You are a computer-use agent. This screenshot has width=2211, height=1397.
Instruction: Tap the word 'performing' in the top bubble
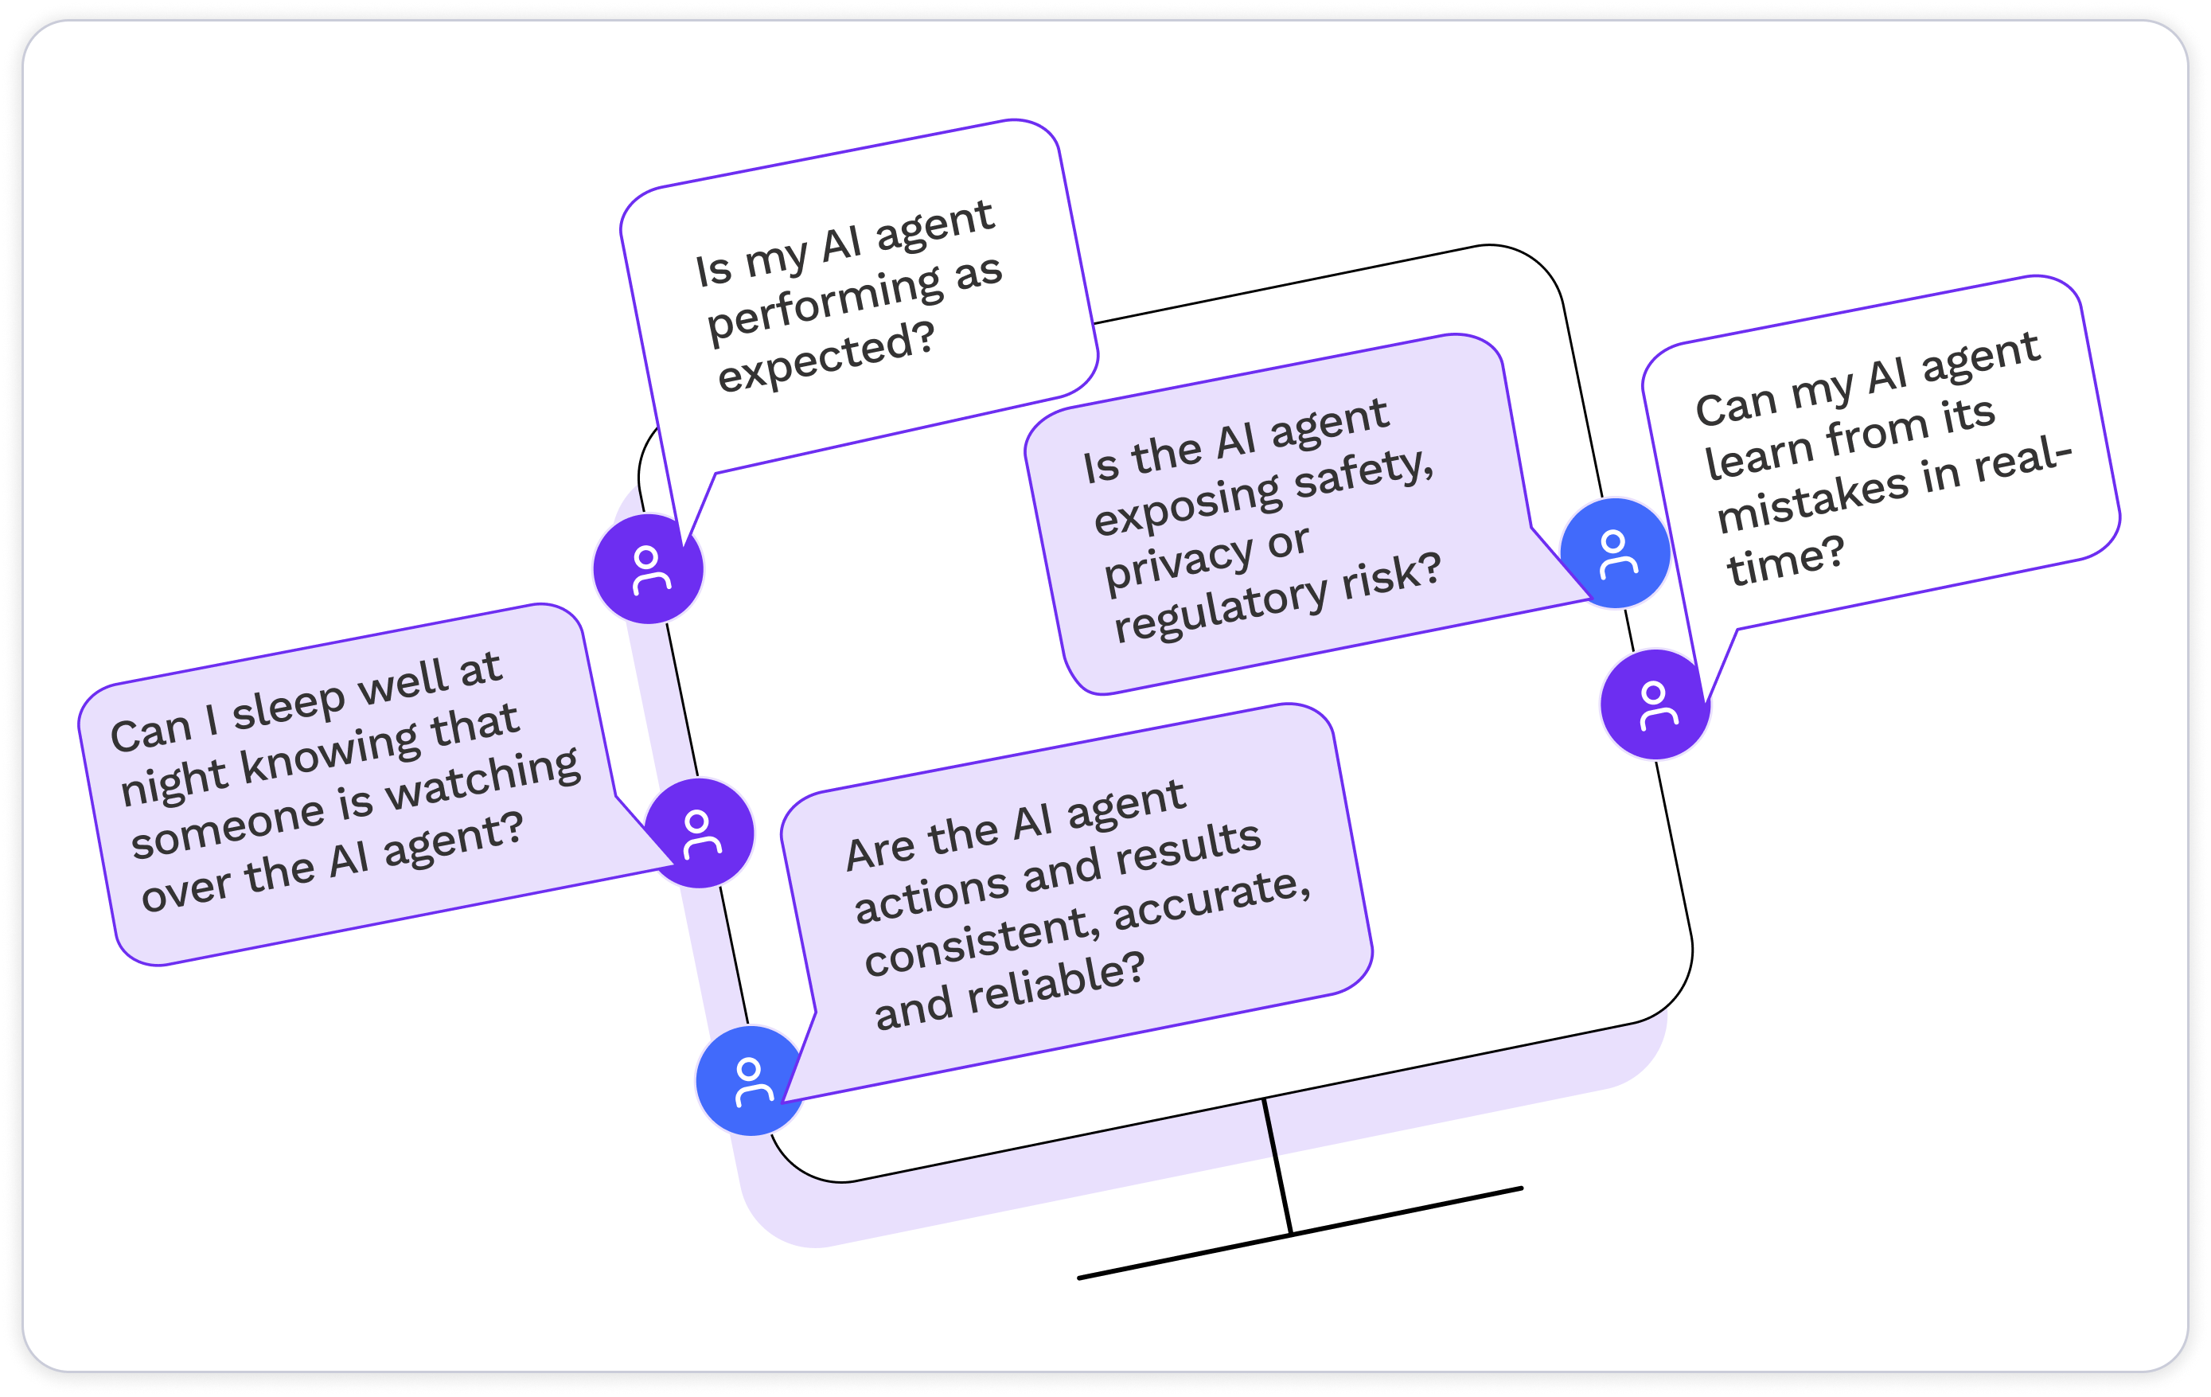point(825,303)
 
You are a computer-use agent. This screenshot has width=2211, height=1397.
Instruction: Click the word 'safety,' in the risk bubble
point(1363,470)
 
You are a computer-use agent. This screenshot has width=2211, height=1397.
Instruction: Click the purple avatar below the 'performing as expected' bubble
point(648,569)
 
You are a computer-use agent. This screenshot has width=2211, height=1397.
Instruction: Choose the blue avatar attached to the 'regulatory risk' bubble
point(1615,553)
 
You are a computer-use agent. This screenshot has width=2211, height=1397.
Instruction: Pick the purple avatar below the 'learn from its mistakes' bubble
point(1655,704)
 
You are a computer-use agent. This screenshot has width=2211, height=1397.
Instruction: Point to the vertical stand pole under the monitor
point(1277,1165)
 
